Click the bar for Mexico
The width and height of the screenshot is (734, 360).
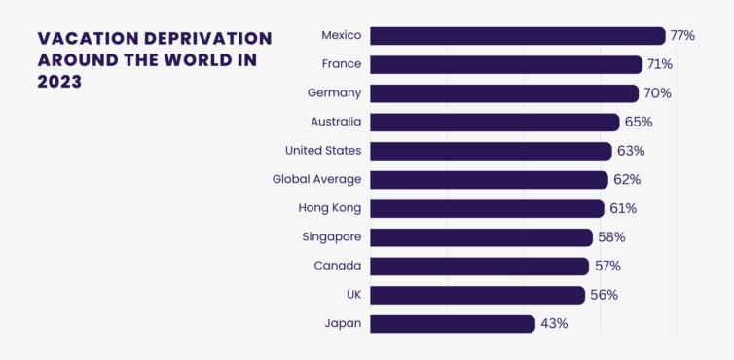518,36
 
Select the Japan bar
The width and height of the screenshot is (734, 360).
453,324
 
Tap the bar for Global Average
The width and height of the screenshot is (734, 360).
490,180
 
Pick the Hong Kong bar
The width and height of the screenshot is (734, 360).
488,209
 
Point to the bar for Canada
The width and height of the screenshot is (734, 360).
479,267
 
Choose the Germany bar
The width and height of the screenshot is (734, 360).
504,93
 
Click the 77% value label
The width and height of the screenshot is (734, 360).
682,36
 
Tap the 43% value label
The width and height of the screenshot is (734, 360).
554,324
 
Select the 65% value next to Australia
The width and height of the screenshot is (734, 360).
639,123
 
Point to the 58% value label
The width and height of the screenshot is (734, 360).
611,237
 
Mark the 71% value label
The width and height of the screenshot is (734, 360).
660,64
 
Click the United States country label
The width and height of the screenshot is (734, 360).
323,151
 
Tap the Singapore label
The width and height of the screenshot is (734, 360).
332,237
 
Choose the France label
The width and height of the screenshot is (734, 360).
342,64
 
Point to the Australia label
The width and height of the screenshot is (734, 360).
336,122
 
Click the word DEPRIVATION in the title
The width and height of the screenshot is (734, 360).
208,38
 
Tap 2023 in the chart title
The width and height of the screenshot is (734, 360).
59,82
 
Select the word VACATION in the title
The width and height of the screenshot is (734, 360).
88,38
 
